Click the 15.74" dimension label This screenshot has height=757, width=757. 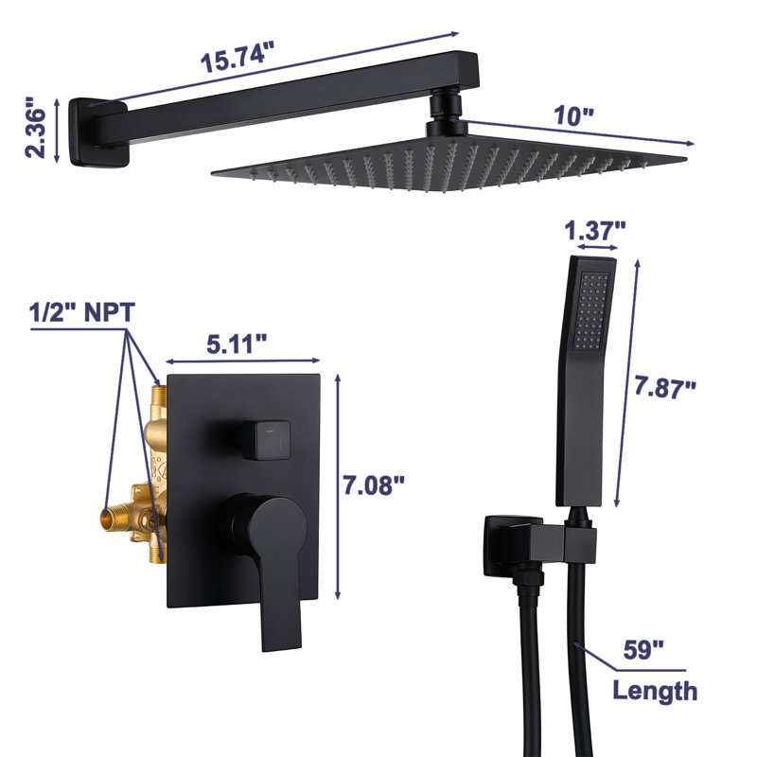pos(238,57)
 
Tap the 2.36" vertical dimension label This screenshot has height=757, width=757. pos(36,128)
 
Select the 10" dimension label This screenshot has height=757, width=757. pos(573,115)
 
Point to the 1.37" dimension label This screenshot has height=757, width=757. pos(595,230)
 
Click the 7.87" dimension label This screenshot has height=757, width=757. pos(665,387)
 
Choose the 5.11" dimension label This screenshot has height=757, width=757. pos(237,344)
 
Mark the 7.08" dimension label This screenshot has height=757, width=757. pos(374,484)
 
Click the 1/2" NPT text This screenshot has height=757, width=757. pos(82,312)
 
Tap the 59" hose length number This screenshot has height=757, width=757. pos(643,649)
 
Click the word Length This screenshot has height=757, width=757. pos(655,691)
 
